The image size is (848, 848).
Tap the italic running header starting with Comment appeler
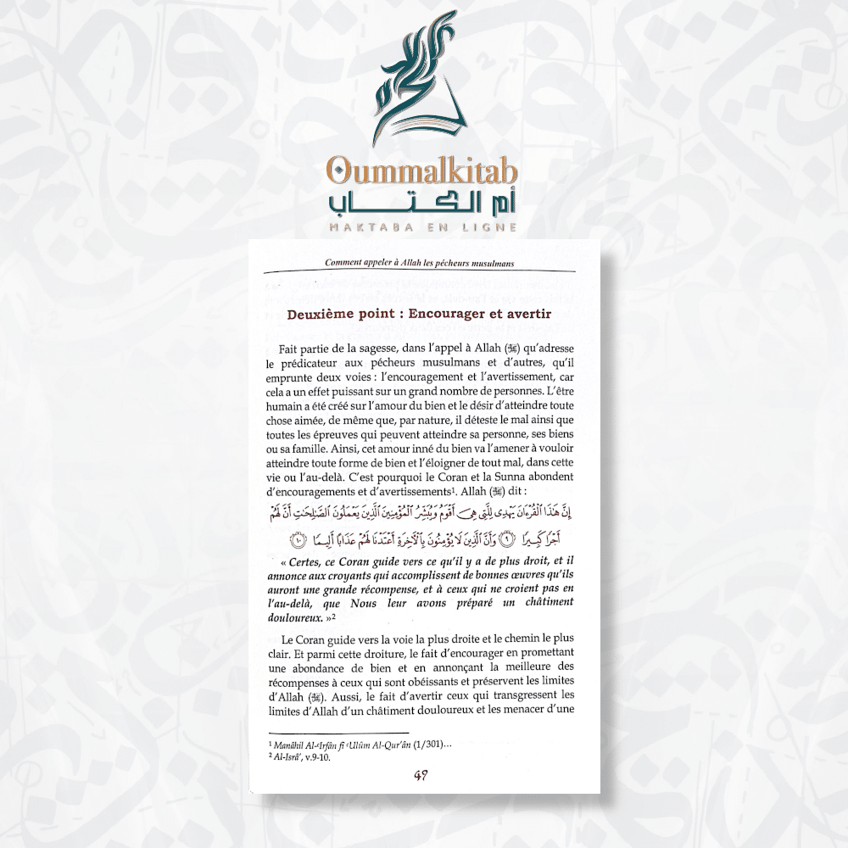[x=420, y=263]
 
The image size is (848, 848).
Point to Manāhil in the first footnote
[x=289, y=743]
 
